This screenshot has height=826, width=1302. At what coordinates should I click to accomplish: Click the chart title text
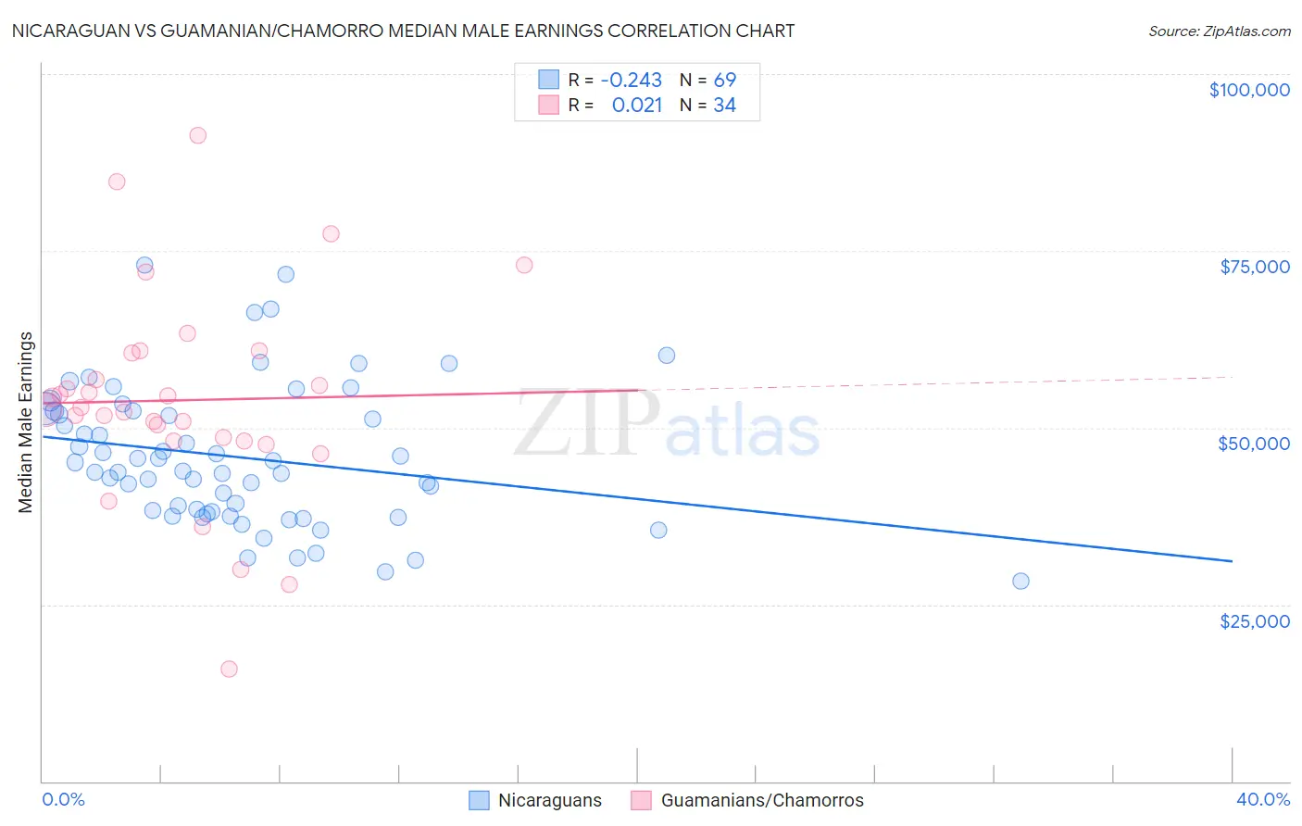coord(403,31)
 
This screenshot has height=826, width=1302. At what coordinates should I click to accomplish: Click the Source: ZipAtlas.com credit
coord(1219,31)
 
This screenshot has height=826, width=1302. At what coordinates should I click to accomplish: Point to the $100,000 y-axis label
coord(1248,90)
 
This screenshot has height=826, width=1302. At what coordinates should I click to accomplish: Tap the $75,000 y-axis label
coord(1254,267)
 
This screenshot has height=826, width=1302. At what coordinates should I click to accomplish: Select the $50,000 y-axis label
coord(1253,444)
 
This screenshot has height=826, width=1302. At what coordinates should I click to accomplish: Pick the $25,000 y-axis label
coord(1254,620)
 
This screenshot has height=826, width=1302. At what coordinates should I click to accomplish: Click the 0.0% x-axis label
coord(64,799)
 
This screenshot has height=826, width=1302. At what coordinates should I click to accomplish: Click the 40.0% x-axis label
coord(1262,799)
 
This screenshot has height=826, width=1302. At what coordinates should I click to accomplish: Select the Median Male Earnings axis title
coord(26,422)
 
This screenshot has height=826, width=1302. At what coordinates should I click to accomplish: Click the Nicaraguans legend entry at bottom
coord(549,800)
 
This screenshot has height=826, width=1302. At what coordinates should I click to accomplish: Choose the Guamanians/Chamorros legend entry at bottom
coord(761,800)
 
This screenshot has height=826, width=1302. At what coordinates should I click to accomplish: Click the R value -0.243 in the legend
coord(631,80)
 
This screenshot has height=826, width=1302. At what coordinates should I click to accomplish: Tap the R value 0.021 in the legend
coord(636,106)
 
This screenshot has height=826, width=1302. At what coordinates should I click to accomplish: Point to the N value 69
coord(724,80)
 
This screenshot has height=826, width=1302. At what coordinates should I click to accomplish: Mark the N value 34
coord(724,106)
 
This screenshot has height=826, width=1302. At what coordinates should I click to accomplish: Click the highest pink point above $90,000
coord(197,135)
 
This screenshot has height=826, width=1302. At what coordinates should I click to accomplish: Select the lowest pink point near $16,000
coord(229,669)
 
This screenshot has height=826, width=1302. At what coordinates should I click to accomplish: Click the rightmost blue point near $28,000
coord(1020,581)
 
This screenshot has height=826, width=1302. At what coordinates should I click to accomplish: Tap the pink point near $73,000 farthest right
coord(524,265)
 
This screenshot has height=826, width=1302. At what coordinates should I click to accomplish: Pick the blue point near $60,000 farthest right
coord(666,355)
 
